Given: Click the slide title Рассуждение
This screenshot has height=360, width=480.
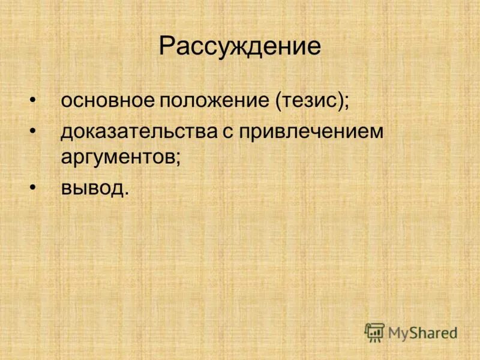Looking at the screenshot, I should point(240,47).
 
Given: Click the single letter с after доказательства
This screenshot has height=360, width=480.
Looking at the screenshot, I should point(229,133).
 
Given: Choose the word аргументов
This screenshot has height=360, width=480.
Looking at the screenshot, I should point(117,158).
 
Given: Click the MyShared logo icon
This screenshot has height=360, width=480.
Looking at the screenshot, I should point(374,332).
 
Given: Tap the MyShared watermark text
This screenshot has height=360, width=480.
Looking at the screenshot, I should point(422,332).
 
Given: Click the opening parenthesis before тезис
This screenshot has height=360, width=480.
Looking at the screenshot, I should point(278,100).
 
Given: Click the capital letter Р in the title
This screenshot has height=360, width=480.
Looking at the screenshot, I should point(167,47).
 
